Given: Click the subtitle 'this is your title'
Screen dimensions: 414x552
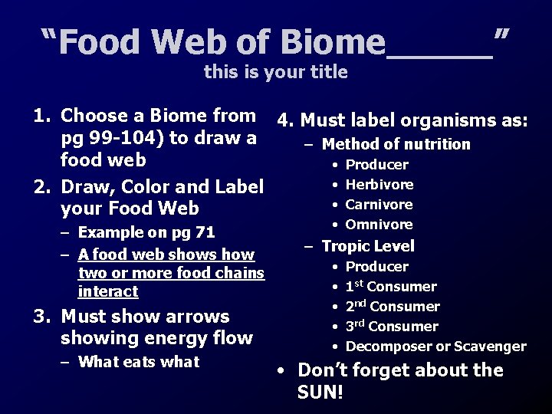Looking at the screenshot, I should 275,73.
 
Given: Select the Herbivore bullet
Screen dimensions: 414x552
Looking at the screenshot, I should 379,185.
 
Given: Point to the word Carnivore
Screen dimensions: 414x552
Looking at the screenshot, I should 379,205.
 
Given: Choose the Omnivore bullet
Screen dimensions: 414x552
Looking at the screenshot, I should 379,225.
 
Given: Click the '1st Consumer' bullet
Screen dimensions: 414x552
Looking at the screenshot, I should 391,287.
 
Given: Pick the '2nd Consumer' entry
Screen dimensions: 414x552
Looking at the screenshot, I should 393,307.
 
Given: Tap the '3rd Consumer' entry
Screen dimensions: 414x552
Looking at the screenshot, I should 392,327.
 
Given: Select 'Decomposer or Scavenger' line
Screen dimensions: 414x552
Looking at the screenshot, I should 435,347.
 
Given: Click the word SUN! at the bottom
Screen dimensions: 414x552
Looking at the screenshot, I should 320,393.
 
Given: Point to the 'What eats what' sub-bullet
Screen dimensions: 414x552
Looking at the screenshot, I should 138,362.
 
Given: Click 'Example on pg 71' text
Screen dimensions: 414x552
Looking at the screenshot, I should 146,232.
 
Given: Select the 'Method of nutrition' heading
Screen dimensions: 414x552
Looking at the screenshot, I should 396,144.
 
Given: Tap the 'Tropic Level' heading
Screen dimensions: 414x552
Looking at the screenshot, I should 368,246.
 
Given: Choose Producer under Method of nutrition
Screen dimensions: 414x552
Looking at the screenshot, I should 376,165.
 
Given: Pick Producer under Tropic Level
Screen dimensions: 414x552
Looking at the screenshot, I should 376,267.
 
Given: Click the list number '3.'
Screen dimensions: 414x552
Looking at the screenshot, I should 42,317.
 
